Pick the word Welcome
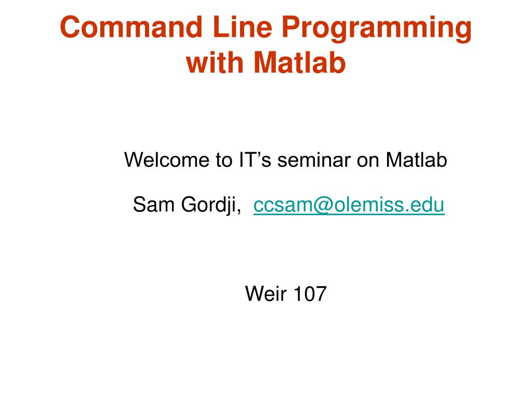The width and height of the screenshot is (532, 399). pyautogui.click(x=166, y=161)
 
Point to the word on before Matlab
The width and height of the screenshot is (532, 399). pyautogui.click(x=368, y=161)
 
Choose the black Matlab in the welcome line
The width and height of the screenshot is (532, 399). pyautogui.click(x=416, y=161)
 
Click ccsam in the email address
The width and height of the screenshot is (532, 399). pyautogui.click(x=277, y=206)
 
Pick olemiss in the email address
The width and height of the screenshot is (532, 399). pyautogui.click(x=364, y=206)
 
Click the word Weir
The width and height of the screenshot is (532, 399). pyautogui.click(x=267, y=294)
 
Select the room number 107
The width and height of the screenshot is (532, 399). pyautogui.click(x=310, y=294)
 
